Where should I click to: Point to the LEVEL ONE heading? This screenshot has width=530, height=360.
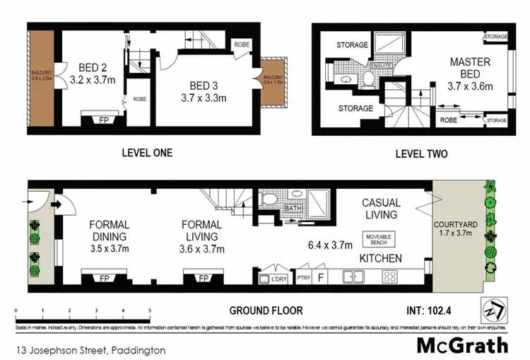[147, 153]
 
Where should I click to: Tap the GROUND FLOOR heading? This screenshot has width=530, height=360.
[266, 310]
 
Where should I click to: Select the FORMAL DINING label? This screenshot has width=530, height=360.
[109, 231]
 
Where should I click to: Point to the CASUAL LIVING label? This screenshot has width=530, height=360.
[379, 208]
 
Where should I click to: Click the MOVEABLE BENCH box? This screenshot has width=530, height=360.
[379, 238]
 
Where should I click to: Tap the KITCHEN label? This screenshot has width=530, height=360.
[380, 258]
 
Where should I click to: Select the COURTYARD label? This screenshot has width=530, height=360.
[457, 225]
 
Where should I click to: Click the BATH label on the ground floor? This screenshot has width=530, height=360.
[292, 209]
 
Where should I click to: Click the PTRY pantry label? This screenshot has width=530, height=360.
[304, 277]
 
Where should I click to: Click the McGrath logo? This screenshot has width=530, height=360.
[463, 344]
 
